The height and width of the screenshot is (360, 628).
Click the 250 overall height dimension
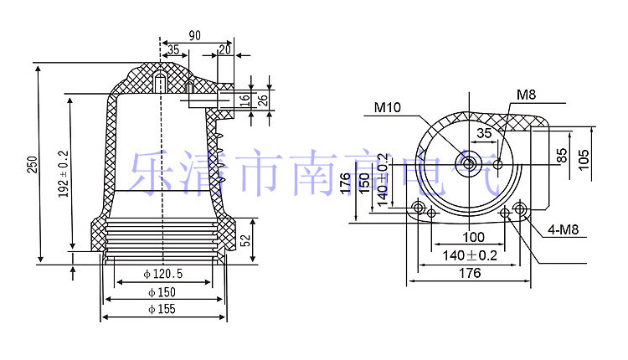click(x=32, y=165)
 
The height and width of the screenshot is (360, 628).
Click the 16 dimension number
click(x=245, y=100)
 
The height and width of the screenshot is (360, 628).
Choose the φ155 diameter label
click(x=165, y=310)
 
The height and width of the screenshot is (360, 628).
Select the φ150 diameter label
click(x=165, y=292)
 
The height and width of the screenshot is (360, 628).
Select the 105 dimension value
click(x=584, y=159)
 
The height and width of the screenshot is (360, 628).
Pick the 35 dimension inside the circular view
click(x=485, y=133)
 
